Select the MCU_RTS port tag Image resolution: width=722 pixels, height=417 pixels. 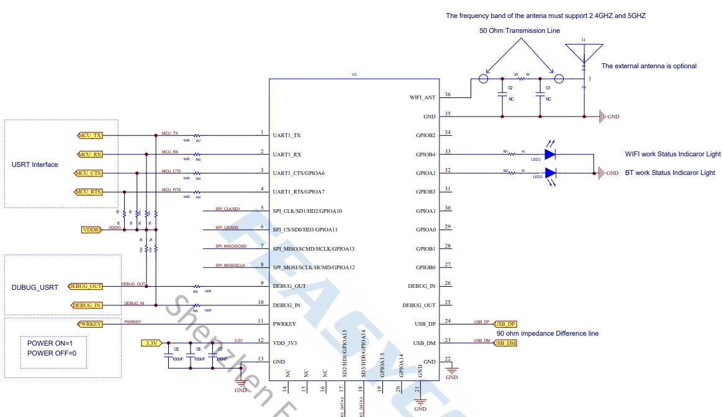pyautogui.click(x=89, y=192)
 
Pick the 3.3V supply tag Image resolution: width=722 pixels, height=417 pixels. pyautogui.click(x=151, y=343)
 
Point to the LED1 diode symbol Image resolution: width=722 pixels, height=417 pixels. pyautogui.click(x=549, y=153)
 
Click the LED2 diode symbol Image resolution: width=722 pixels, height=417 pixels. pyautogui.click(x=549, y=173)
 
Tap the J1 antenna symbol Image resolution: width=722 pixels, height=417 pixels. pyautogui.click(x=584, y=53)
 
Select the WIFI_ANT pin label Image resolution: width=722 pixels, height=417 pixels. pyautogui.click(x=422, y=97)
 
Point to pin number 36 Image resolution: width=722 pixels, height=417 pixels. pyautogui.click(x=448, y=95)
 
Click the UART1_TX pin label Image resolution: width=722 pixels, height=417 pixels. pyautogui.click(x=287, y=135)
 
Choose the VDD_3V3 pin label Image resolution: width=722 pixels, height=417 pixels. pyautogui.click(x=286, y=343)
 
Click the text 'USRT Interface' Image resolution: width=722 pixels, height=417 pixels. pyautogui.click(x=35, y=165)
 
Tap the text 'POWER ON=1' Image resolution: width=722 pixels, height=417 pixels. pyautogui.click(x=50, y=344)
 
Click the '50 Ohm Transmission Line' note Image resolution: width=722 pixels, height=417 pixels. pyautogui.click(x=519, y=30)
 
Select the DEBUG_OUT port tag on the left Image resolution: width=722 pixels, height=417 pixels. pyautogui.click(x=86, y=286)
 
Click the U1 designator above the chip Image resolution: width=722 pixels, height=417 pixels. pyautogui.click(x=354, y=74)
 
